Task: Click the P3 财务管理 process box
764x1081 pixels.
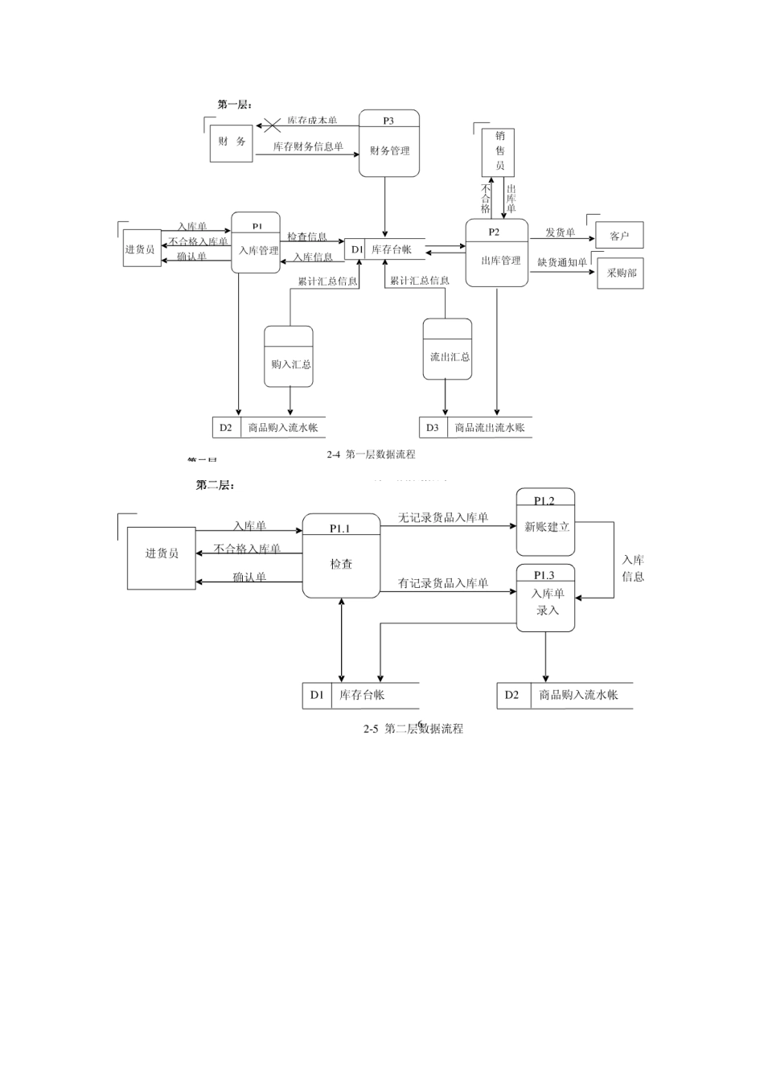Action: point(389,144)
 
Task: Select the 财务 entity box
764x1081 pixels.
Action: point(231,142)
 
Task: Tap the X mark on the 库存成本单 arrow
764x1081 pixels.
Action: point(273,125)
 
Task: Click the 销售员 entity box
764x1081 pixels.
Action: point(499,151)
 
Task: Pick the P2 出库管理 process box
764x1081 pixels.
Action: point(497,253)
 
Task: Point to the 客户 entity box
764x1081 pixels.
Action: point(619,236)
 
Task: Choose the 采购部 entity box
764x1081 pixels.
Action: point(621,273)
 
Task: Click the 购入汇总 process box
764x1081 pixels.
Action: point(290,357)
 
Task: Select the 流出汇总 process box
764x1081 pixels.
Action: point(448,350)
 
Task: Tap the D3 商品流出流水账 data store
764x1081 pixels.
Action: point(476,427)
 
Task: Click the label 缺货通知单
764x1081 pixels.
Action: point(562,262)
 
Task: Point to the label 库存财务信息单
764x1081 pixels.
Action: point(308,146)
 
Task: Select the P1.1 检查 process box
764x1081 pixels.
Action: point(341,557)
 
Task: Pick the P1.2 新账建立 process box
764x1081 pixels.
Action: point(546,522)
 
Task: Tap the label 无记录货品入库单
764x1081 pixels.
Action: point(443,518)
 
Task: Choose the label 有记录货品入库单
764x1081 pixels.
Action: point(443,583)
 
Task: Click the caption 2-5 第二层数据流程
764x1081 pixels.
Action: point(413,729)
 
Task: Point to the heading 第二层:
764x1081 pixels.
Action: point(215,485)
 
